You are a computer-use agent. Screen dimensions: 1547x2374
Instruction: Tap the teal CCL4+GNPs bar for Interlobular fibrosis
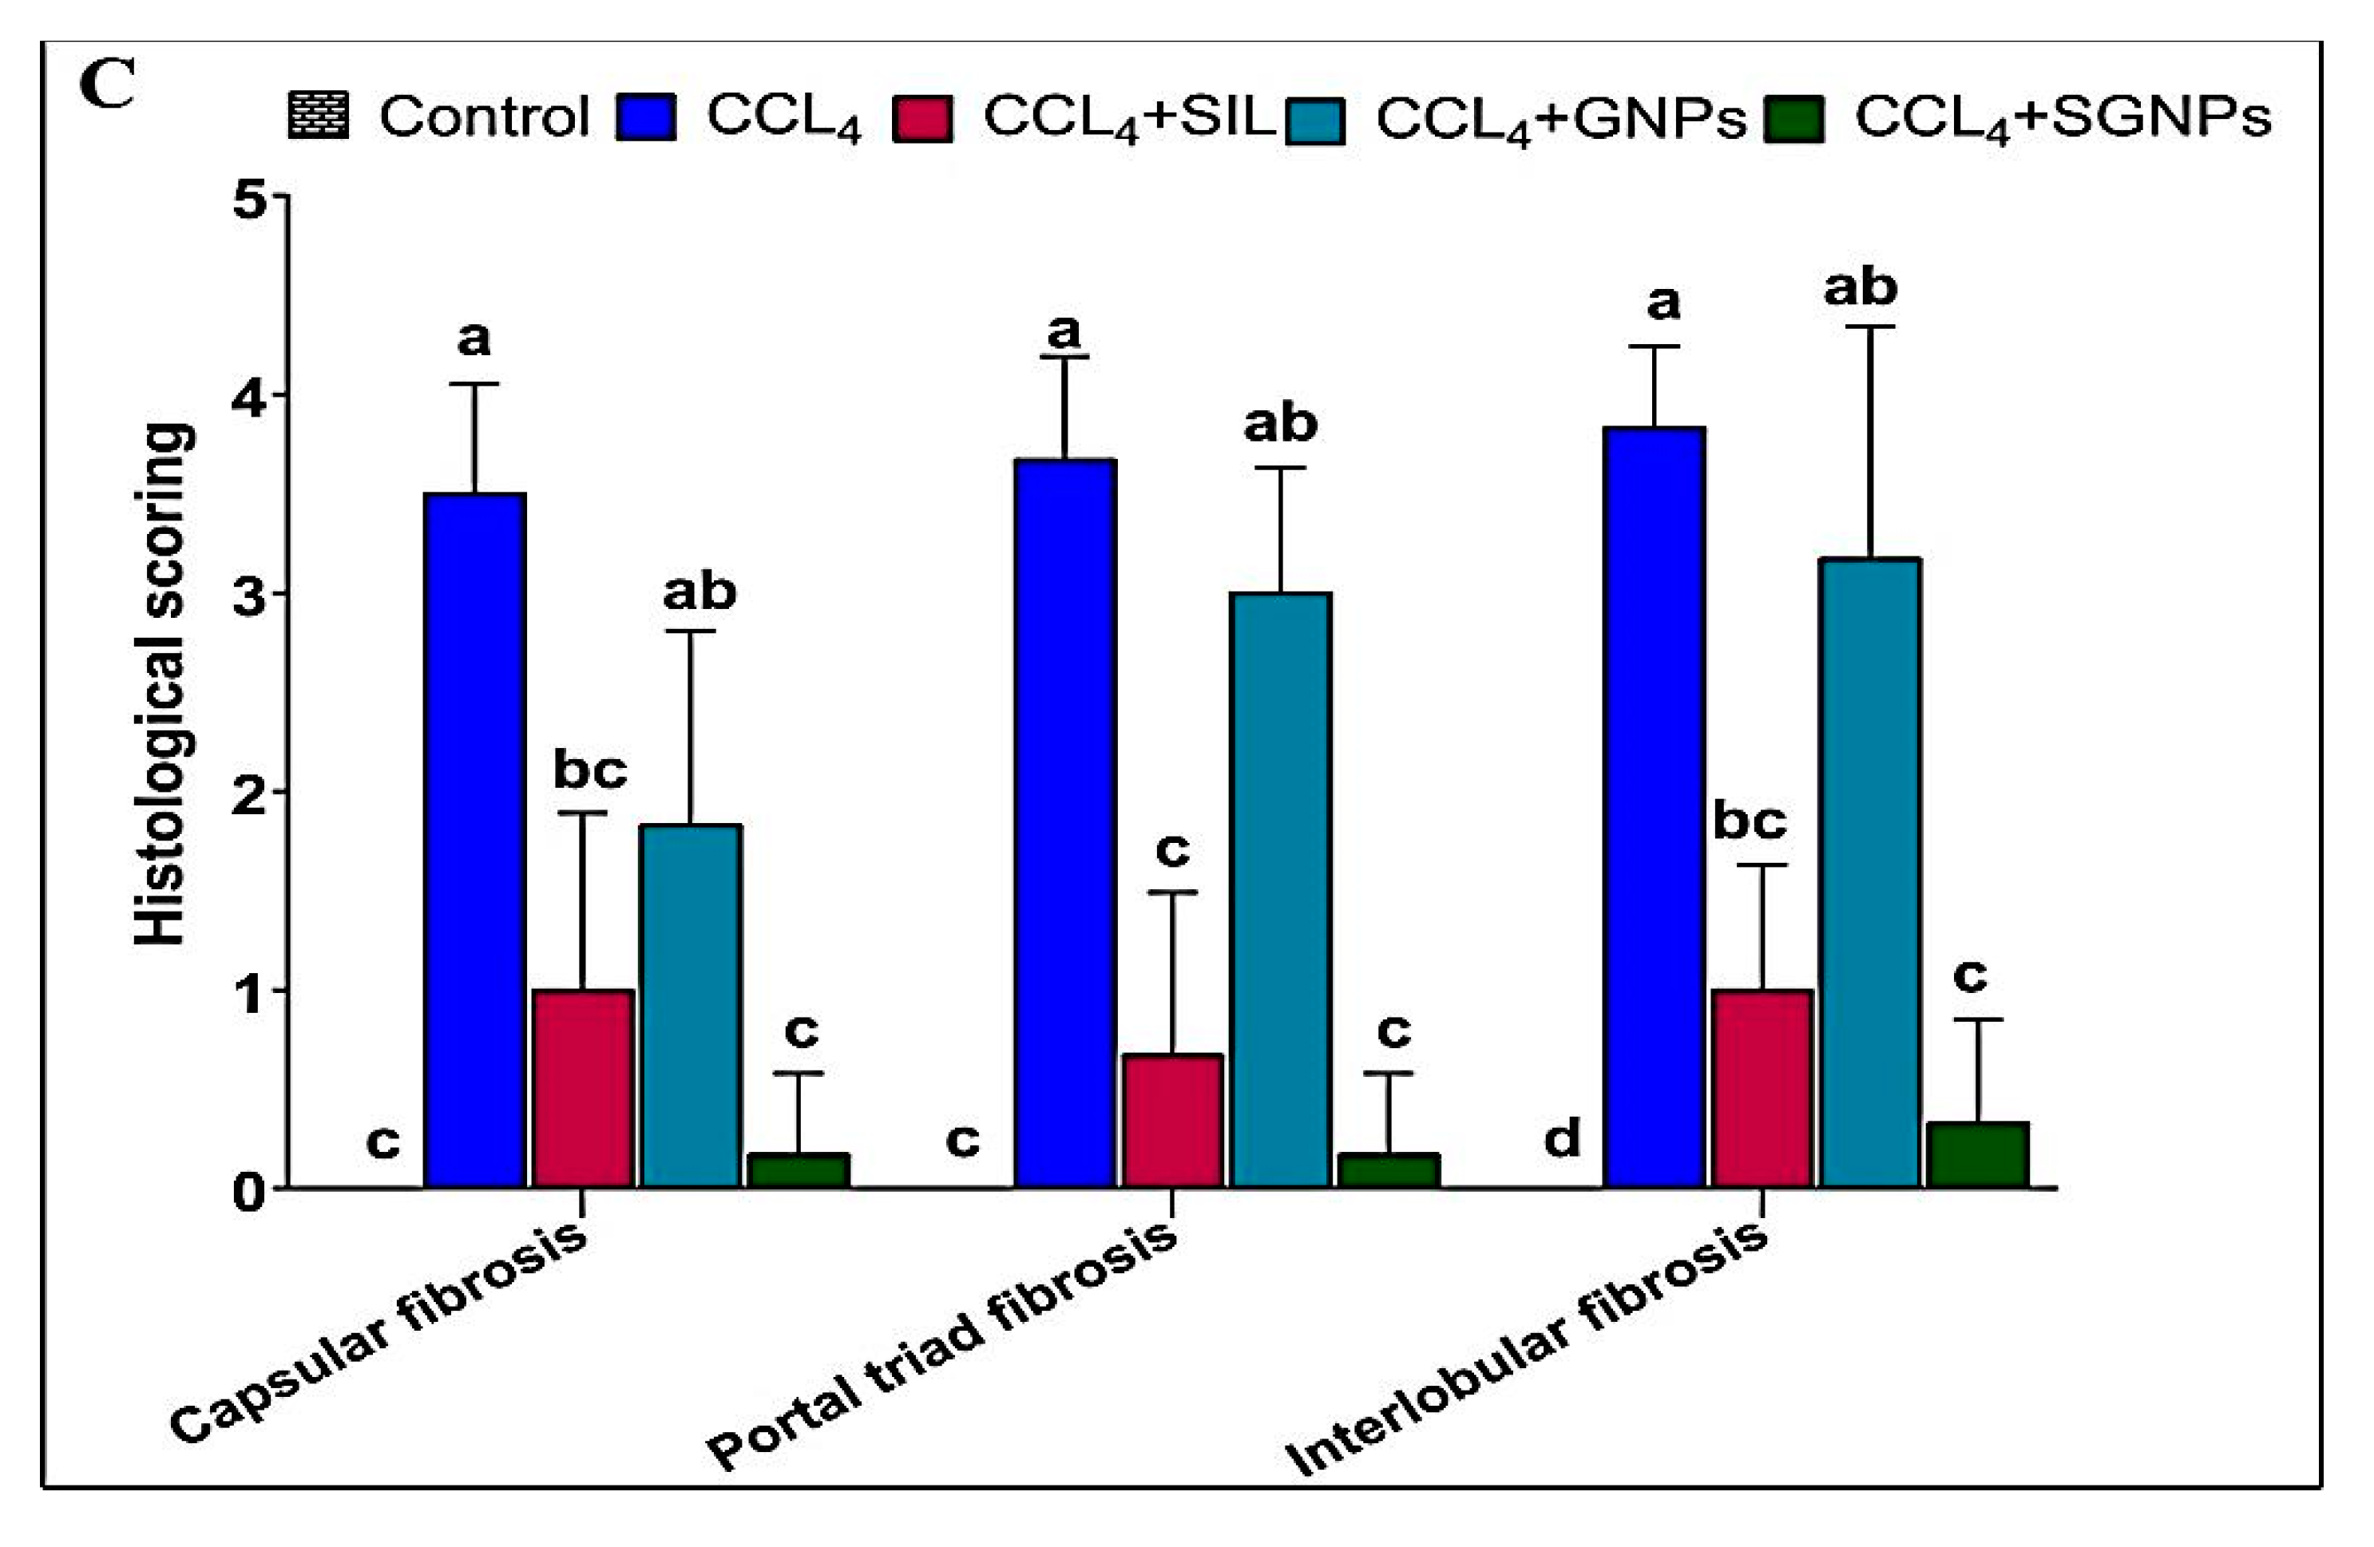pyautogui.click(x=1869, y=872)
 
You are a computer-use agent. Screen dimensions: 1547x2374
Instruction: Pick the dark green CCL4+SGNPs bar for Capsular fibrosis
pyautogui.click(x=799, y=1170)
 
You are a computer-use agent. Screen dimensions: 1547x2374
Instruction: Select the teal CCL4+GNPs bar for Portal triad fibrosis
pyautogui.click(x=1281, y=890)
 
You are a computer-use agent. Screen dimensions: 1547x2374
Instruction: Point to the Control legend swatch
pyautogui.click(x=318, y=116)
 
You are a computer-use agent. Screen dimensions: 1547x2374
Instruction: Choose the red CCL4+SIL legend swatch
pyautogui.click(x=921, y=117)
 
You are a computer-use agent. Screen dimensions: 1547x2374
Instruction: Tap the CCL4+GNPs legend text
pyautogui.click(x=1561, y=121)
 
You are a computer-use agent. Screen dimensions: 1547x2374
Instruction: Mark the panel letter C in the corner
pyautogui.click(x=107, y=88)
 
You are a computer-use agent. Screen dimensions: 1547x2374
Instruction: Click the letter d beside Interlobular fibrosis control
pyautogui.click(x=1562, y=1138)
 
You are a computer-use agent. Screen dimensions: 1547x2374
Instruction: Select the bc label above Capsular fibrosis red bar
pyautogui.click(x=591, y=770)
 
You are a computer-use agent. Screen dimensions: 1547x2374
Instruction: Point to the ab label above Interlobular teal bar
pyautogui.click(x=1861, y=288)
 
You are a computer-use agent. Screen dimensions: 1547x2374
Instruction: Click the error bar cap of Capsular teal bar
pyautogui.click(x=689, y=631)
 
